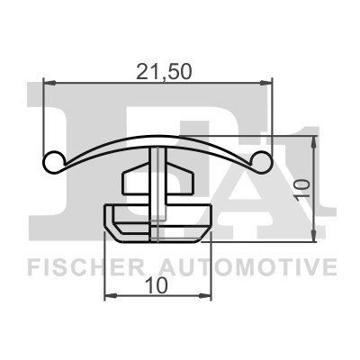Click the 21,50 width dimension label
[x=158, y=70]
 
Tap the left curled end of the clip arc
[x=53, y=162]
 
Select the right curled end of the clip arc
[x=263, y=162]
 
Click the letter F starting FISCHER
[x=32, y=267]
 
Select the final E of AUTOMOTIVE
[x=329, y=267]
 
